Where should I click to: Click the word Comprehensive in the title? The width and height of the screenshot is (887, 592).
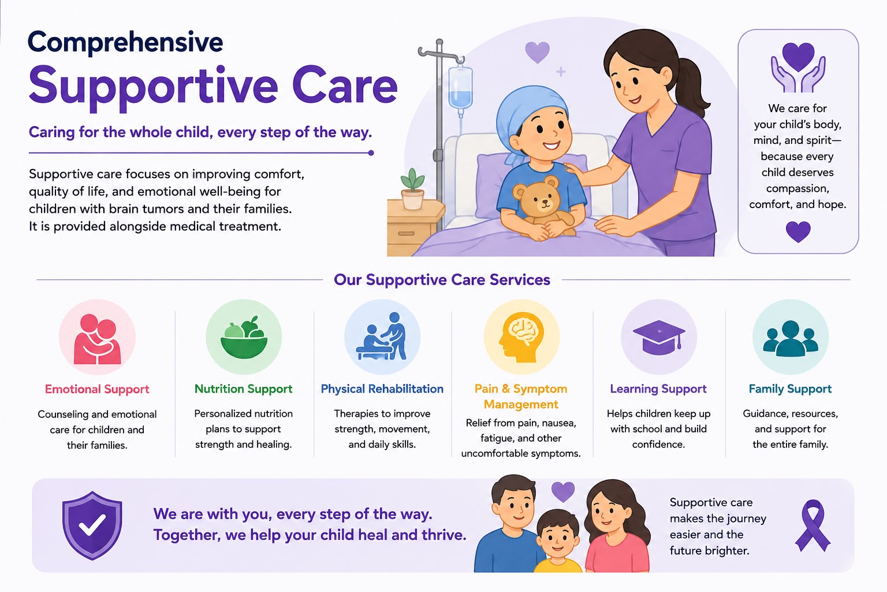point(125,43)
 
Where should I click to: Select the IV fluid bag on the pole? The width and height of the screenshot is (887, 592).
point(460,87)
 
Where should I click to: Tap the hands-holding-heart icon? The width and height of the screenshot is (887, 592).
point(798,68)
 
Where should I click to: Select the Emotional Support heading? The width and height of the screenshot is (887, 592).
point(97,389)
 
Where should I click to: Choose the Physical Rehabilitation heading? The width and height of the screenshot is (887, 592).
point(382,388)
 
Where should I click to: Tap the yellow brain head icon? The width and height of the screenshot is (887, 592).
point(521,337)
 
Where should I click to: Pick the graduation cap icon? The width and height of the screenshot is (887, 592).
point(659,337)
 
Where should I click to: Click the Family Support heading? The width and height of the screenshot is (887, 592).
point(790,388)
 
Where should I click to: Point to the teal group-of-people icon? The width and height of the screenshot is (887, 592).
point(791,338)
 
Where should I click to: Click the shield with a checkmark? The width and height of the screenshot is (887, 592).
point(92,526)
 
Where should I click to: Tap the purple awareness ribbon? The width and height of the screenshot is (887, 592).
point(813,526)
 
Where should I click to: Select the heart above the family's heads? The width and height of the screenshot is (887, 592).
point(562,491)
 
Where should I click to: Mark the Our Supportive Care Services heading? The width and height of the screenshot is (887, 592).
point(442,280)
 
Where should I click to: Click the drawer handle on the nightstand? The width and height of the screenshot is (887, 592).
point(406,234)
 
